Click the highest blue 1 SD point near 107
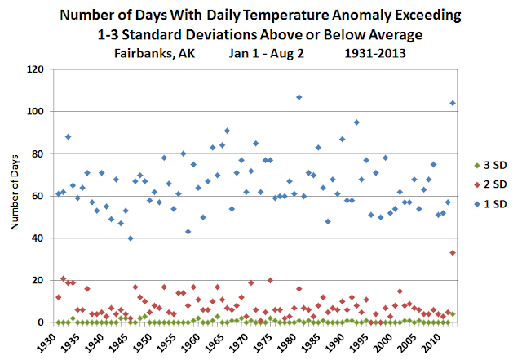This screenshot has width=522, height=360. click(x=299, y=97)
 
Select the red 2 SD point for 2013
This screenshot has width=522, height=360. click(x=453, y=253)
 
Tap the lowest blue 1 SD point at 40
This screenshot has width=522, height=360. click(x=130, y=238)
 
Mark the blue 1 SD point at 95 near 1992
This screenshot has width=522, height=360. click(x=356, y=122)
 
